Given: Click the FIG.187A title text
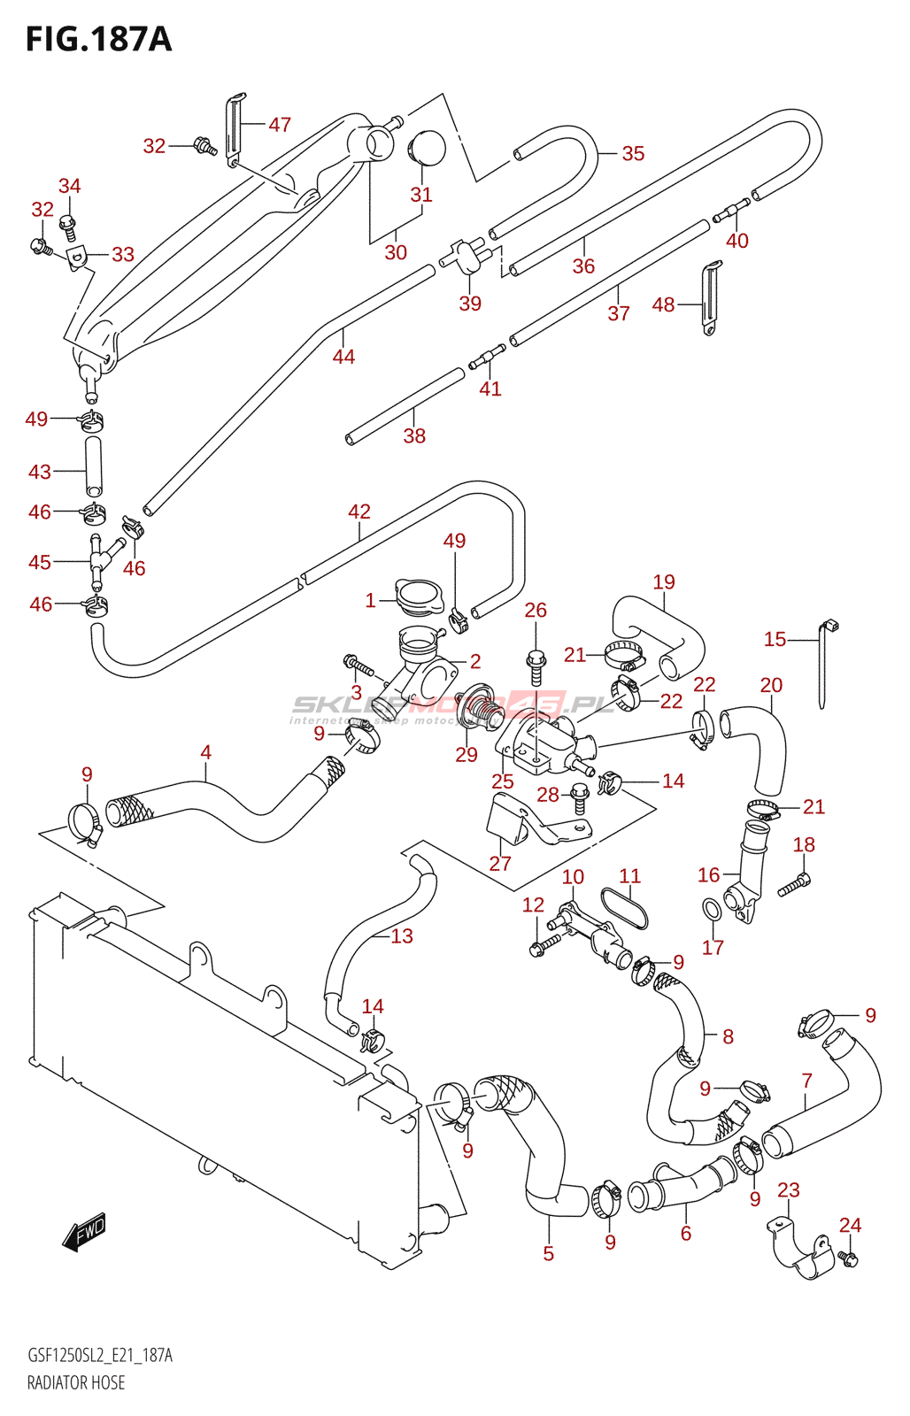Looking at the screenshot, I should (98, 40).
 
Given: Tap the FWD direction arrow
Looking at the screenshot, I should (85, 1231).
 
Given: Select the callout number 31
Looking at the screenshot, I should (421, 195).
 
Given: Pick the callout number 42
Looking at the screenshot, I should (359, 512).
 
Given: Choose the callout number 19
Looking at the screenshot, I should (664, 581).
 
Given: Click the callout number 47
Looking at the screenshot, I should (280, 125).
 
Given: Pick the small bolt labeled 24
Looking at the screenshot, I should (849, 1258).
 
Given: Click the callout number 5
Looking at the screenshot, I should (549, 1253).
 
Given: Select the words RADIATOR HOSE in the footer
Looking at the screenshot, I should (76, 1382).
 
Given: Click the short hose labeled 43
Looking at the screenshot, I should (93, 466).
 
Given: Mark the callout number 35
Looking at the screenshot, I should (633, 153).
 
